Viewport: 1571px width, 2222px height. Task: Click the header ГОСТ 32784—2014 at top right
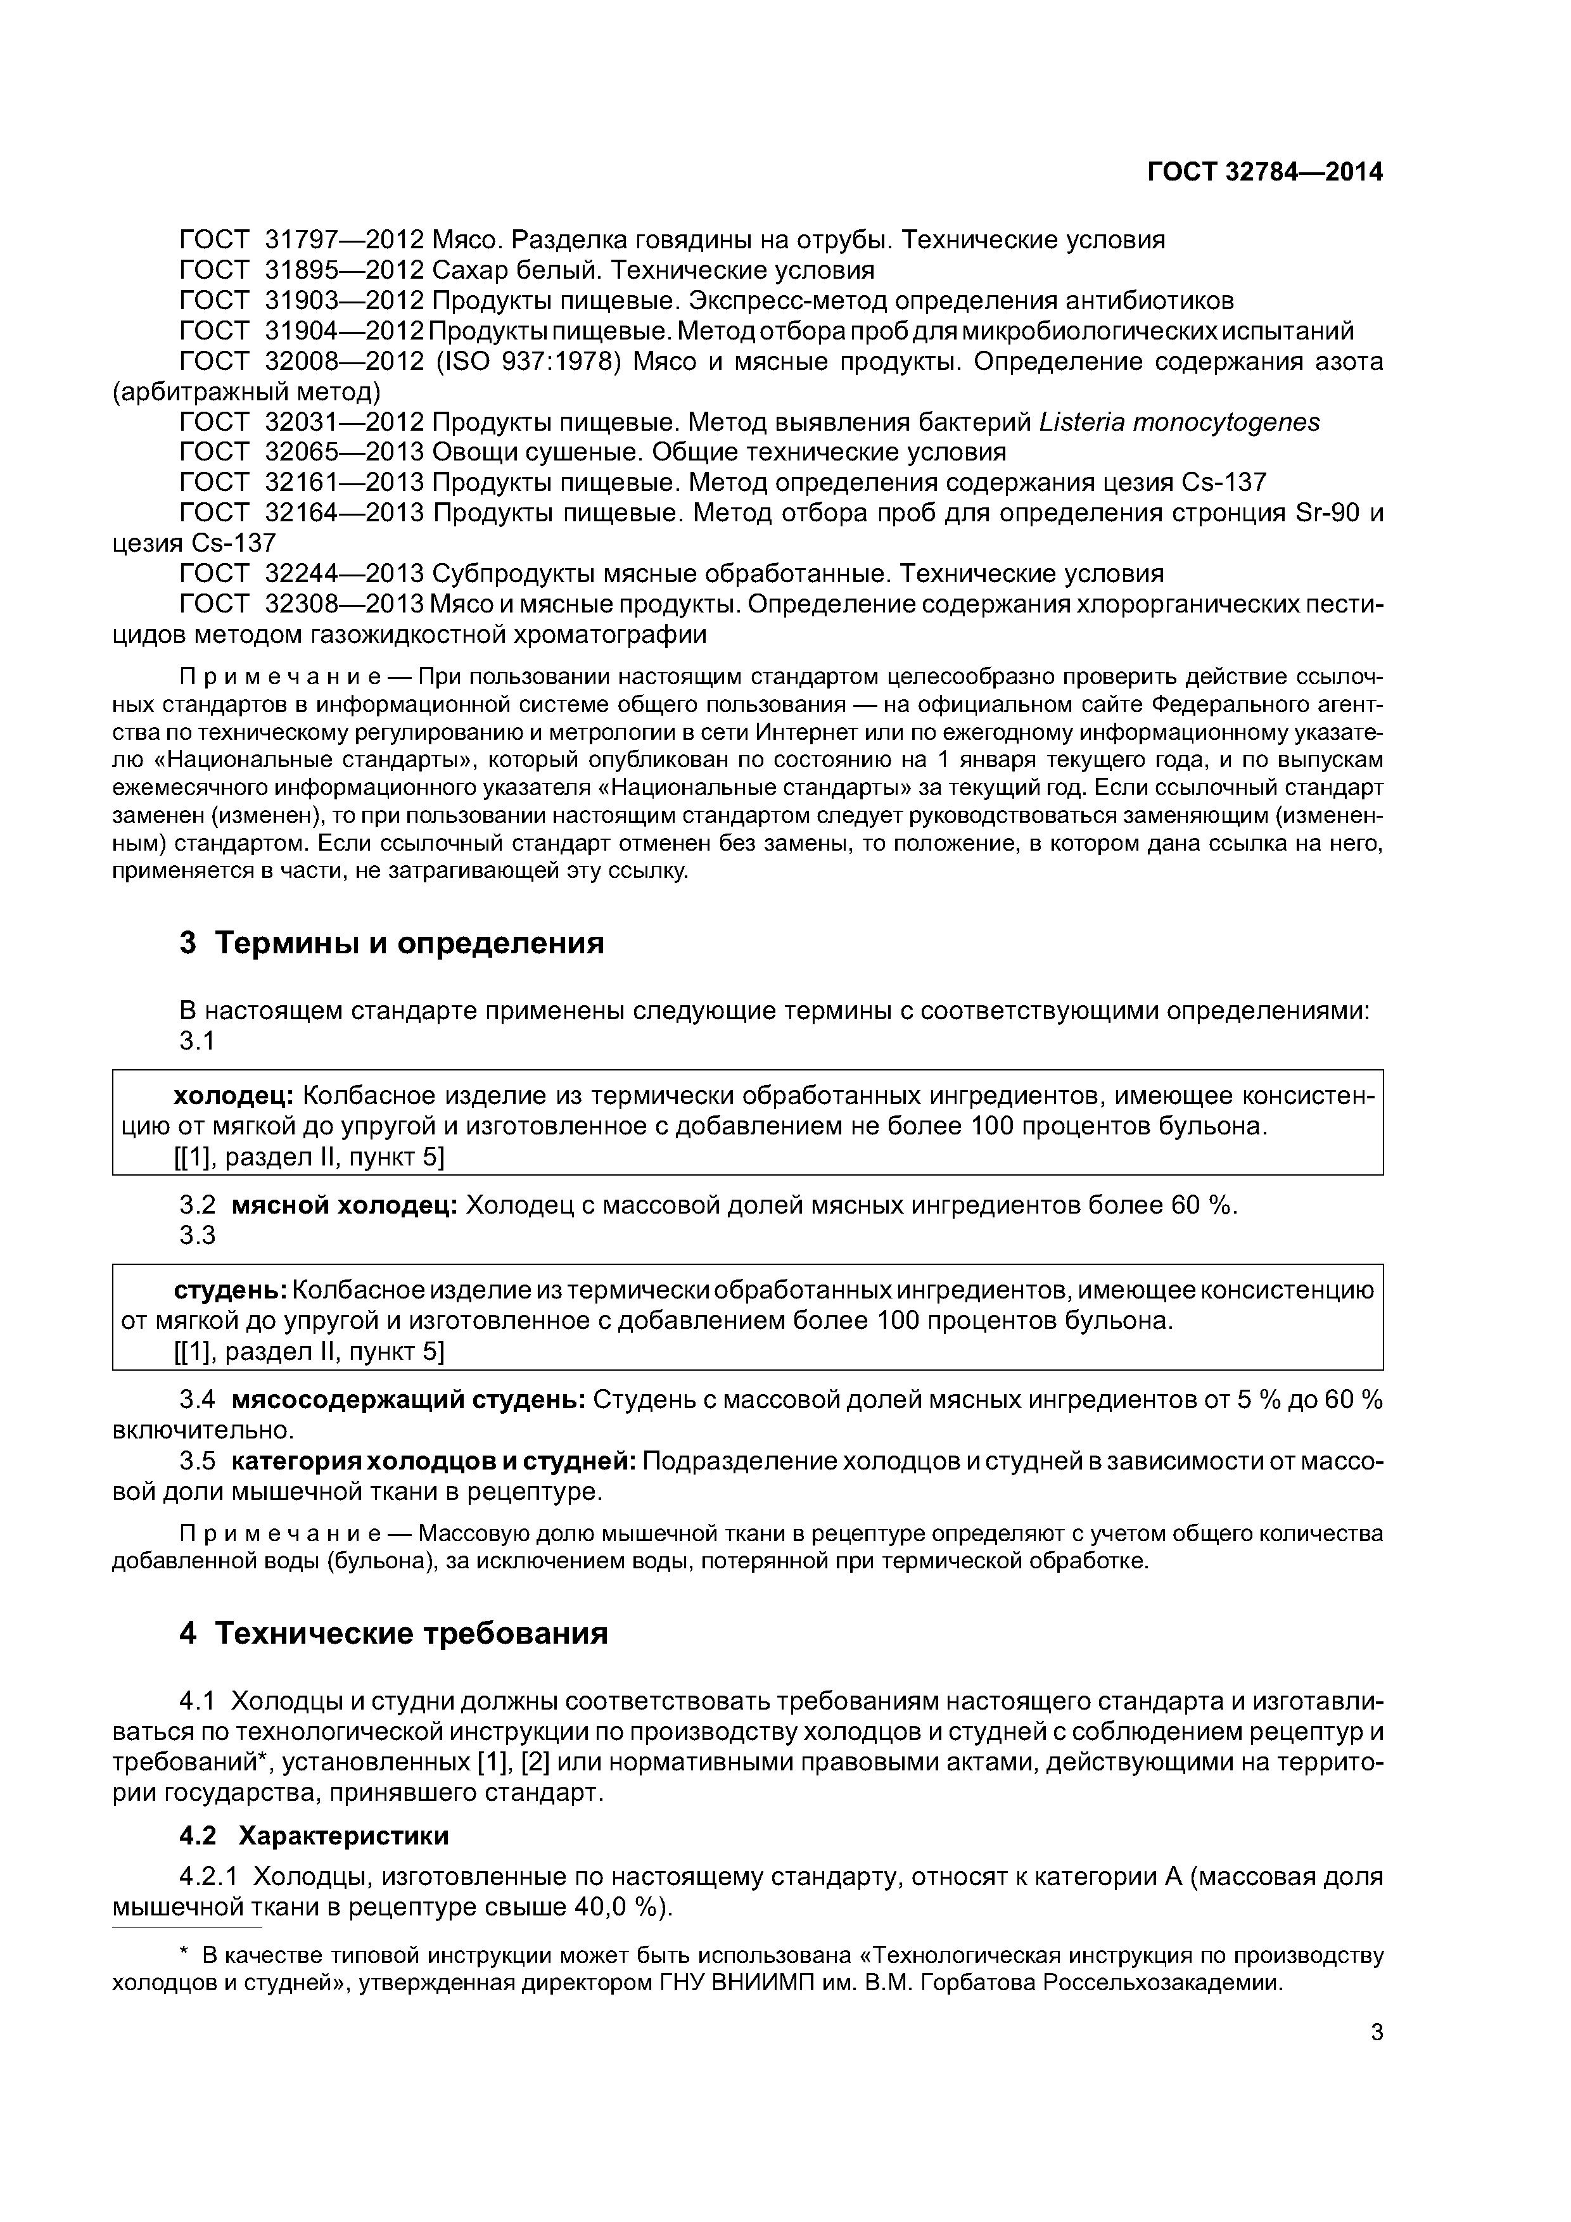pos(1264,172)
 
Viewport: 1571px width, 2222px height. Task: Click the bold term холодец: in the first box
pos(233,1096)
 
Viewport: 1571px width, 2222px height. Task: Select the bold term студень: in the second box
pos(229,1290)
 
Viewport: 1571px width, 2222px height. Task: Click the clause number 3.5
pos(198,1461)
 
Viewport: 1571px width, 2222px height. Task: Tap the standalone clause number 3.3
pos(198,1236)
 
